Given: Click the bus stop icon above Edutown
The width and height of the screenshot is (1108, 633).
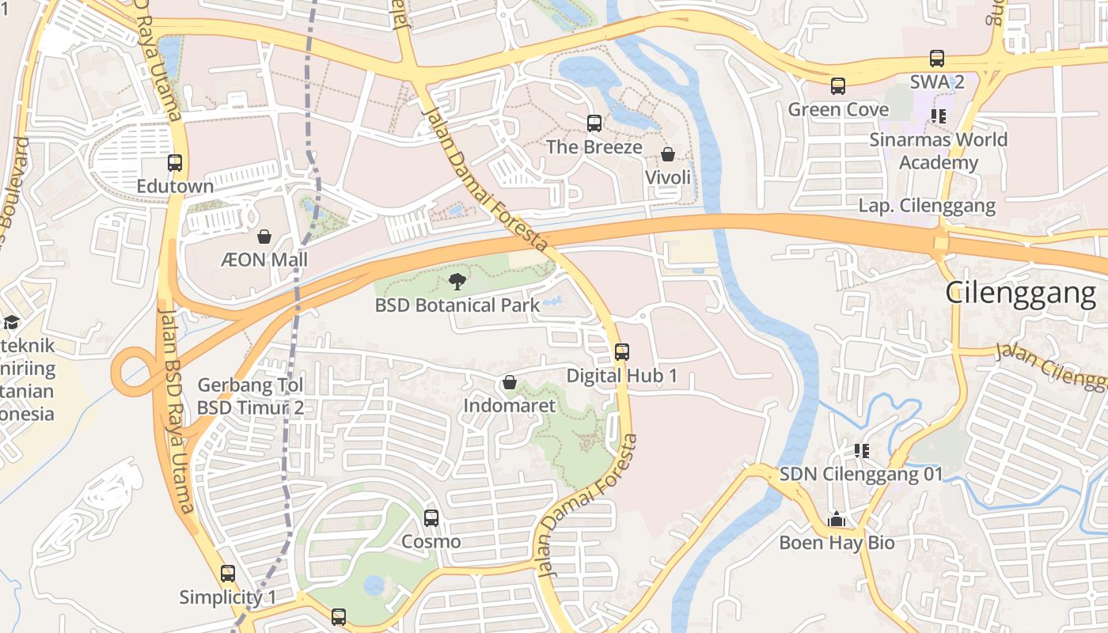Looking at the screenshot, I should coord(175,163).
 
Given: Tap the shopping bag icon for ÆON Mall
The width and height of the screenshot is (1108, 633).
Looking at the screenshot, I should coord(264,237).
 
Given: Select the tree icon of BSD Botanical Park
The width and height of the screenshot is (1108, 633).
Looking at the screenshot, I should coord(457,281).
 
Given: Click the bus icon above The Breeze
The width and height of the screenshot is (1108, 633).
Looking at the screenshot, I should coord(594,123).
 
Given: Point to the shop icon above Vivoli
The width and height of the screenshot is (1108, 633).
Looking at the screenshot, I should coord(668,154).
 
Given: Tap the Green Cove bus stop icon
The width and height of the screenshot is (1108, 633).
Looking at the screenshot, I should coord(838,86).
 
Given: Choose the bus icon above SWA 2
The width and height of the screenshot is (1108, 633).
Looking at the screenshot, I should coord(937,59).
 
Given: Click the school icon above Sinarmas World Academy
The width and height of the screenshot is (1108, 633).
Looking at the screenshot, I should coord(939,116).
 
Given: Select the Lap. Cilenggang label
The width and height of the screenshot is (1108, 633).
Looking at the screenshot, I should coord(927,206).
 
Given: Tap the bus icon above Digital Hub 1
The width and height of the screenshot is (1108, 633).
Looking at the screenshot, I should coord(622,352).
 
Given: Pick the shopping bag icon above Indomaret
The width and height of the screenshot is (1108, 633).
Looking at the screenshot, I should coord(510,383).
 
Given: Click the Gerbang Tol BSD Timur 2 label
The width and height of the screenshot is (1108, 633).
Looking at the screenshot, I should coord(250,396).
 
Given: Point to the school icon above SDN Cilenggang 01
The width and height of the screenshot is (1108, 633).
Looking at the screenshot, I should coord(862,451).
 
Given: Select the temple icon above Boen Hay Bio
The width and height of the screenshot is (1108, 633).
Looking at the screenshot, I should coord(837,520).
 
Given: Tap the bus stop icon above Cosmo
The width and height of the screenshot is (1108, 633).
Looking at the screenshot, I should coord(431,518).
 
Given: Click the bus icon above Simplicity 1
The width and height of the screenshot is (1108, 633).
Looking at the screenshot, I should coord(228,574).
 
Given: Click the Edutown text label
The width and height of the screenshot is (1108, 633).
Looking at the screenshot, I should coord(175,187).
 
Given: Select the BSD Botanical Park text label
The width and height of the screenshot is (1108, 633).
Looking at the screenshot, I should coord(457,305).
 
